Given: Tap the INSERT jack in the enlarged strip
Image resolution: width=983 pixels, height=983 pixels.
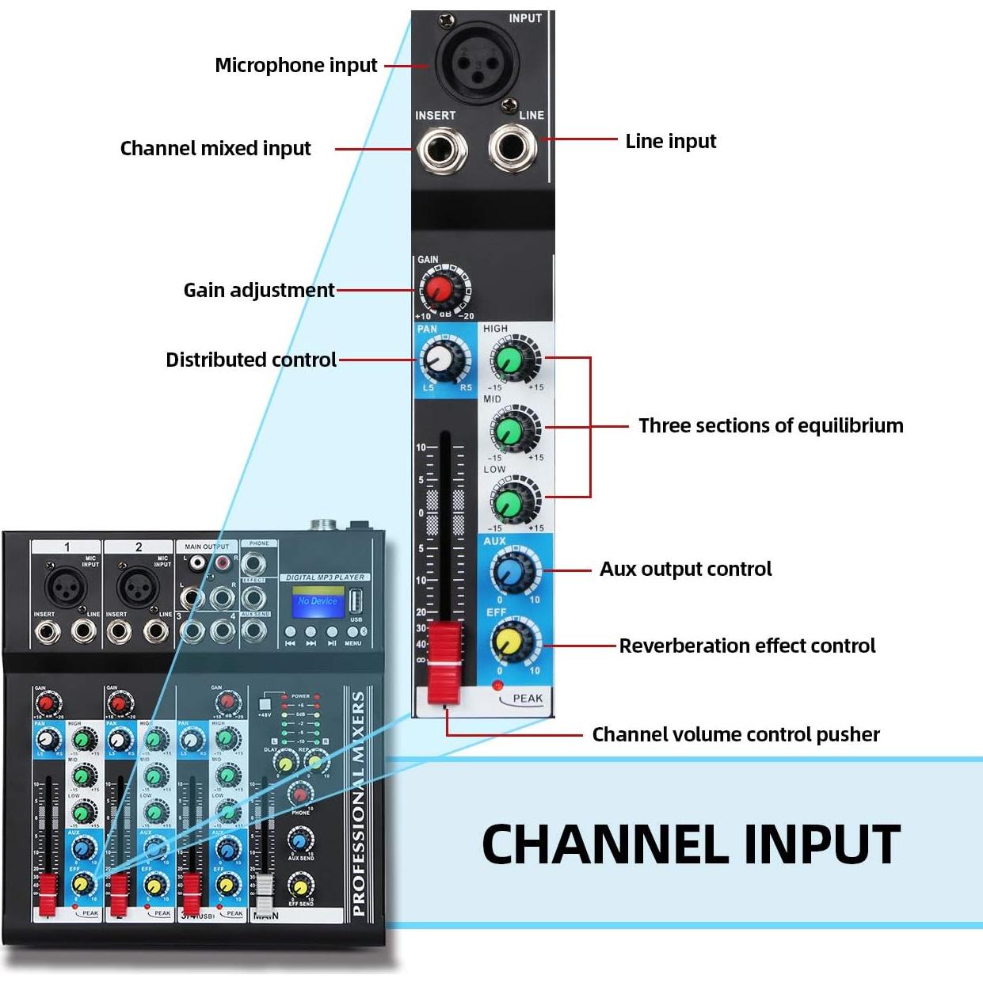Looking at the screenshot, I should (x=441, y=149).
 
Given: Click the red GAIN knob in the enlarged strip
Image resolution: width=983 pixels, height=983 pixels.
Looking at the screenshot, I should (x=436, y=290).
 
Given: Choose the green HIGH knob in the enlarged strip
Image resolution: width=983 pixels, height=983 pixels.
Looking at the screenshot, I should (x=509, y=360).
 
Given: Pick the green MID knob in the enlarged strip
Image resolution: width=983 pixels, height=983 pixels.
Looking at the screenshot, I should (x=509, y=432).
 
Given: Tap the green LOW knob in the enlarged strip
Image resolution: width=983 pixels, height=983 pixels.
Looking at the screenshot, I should (x=509, y=501).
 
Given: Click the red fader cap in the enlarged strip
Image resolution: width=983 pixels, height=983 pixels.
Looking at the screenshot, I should (x=444, y=663).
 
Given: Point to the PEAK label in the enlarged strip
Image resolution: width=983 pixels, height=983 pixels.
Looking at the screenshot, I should (x=527, y=699).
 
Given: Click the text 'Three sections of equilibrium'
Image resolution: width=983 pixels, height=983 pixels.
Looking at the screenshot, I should (x=770, y=425).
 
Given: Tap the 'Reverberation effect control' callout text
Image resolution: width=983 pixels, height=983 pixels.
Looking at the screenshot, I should (x=747, y=646).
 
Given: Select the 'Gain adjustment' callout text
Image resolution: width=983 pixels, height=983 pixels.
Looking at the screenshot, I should (x=259, y=290).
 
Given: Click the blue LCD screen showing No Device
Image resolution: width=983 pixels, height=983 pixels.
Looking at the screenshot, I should (x=318, y=601).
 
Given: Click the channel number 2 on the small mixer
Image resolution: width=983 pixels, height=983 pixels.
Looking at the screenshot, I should (x=139, y=547).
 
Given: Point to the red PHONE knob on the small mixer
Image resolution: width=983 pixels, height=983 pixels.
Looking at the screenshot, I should (x=300, y=793).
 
